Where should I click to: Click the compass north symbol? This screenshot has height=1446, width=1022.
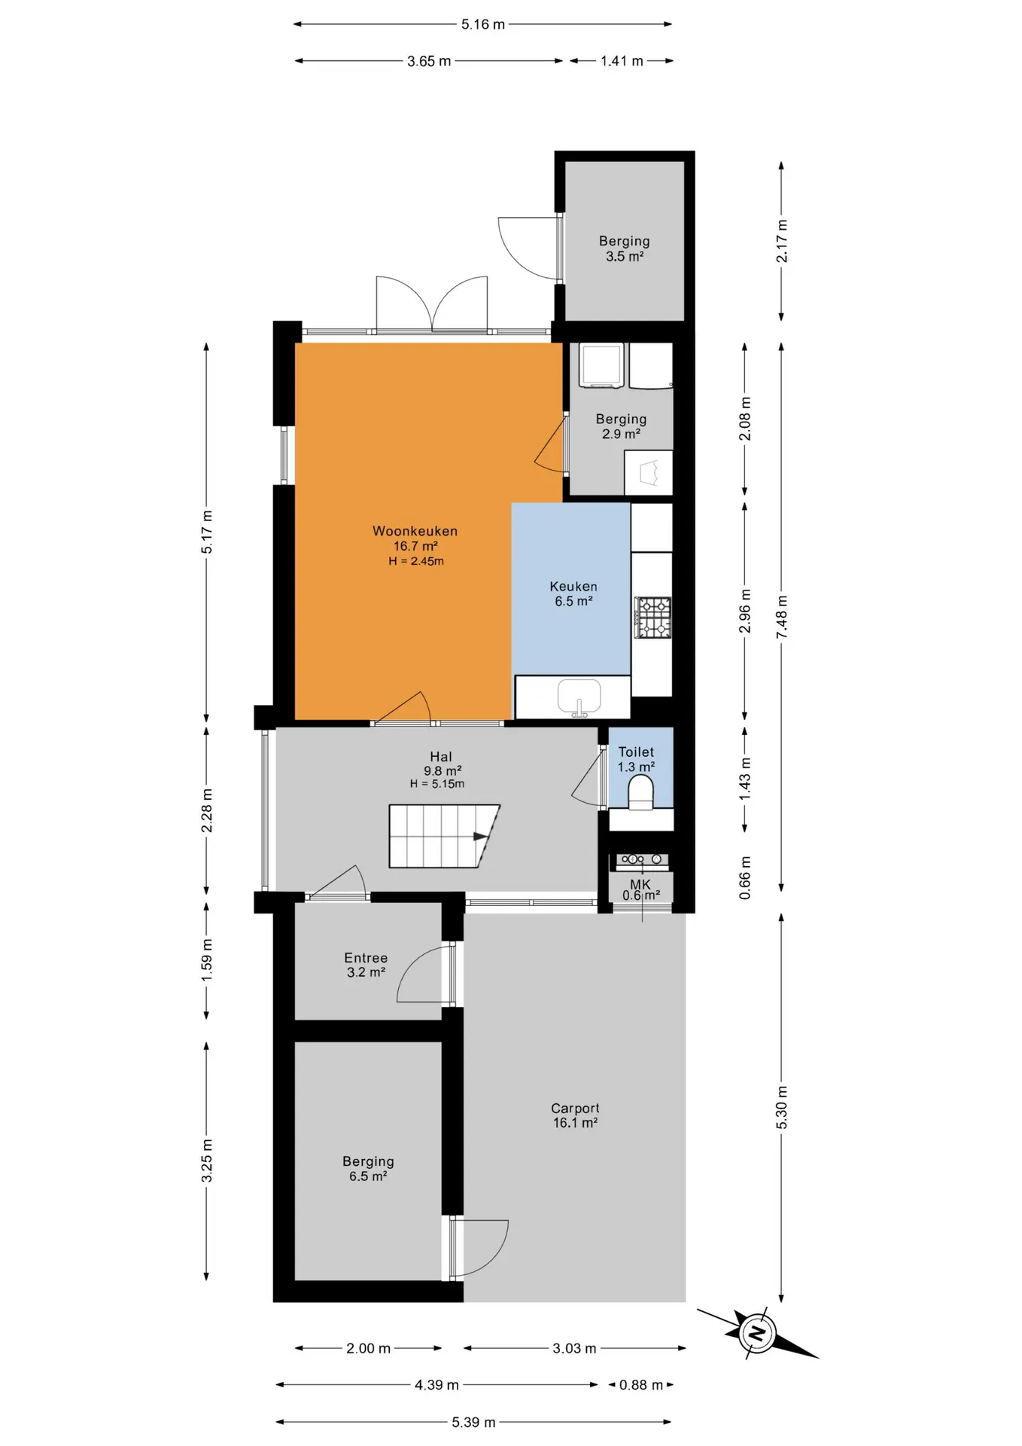tap(757, 1334)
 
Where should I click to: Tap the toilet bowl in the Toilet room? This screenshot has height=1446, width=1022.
tap(640, 793)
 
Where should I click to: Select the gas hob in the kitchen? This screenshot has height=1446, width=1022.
tap(652, 618)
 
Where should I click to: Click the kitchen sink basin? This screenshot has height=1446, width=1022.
tap(579, 697)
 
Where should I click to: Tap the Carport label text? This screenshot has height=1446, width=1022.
tap(576, 1109)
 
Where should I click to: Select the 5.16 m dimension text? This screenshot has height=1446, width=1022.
tap(483, 24)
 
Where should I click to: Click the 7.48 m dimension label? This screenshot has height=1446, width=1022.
tap(782, 618)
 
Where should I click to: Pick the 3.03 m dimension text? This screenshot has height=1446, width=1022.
tap(574, 1348)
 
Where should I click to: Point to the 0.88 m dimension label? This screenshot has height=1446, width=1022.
tap(641, 1385)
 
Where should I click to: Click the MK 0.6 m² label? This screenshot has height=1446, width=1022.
tap(641, 889)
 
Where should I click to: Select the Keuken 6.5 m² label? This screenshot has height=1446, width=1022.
tap(573, 593)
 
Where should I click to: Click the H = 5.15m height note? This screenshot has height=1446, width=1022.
tap(437, 784)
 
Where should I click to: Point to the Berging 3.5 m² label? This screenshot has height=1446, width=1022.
tap(625, 249)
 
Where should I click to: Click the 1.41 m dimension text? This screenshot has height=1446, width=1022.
tap(622, 61)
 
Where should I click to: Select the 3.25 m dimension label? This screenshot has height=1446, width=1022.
tap(207, 1161)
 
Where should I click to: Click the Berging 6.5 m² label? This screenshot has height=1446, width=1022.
tap(368, 1169)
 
